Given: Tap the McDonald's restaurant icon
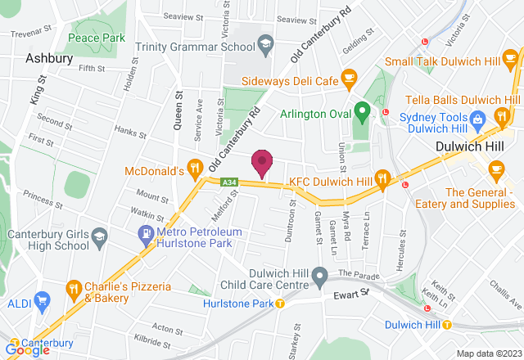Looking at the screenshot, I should [x=194, y=171].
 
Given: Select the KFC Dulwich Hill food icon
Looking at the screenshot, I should [x=382, y=177].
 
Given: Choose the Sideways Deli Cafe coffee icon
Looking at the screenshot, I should [x=350, y=79].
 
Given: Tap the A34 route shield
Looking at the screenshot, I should [x=228, y=182].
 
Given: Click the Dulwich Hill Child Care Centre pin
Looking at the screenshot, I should [x=321, y=275].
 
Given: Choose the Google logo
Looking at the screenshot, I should [x=26, y=350].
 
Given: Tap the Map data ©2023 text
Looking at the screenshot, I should [x=487, y=353].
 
